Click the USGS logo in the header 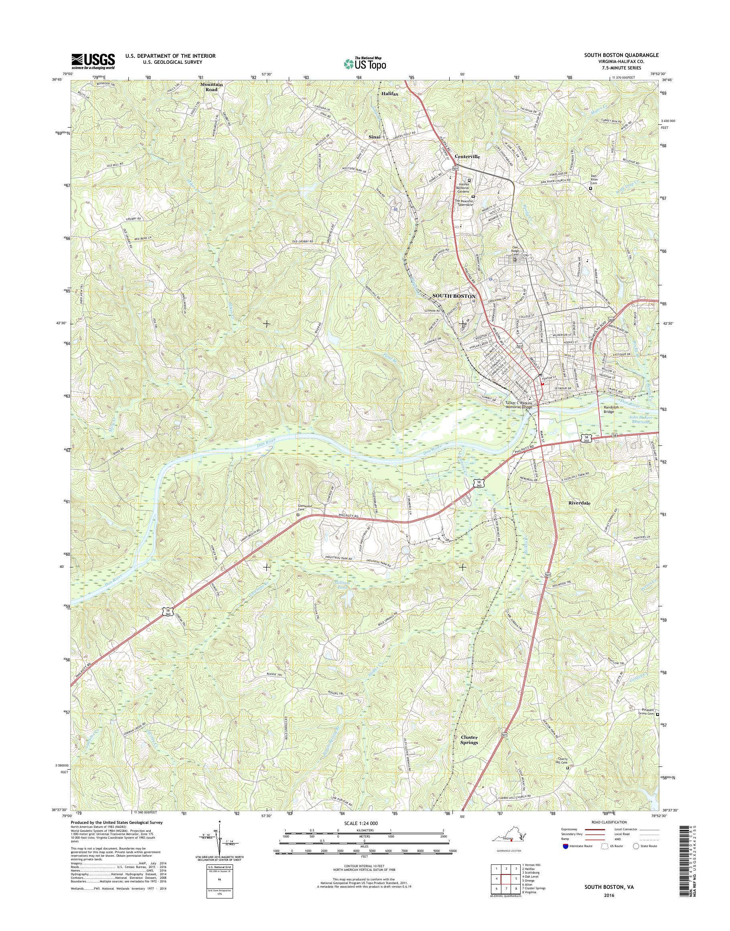(x=93, y=61)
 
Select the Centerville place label (x=467, y=157)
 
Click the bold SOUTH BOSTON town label (x=454, y=296)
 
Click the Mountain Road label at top (x=211, y=87)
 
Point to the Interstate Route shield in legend (x=566, y=846)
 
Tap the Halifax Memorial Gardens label (x=462, y=188)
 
